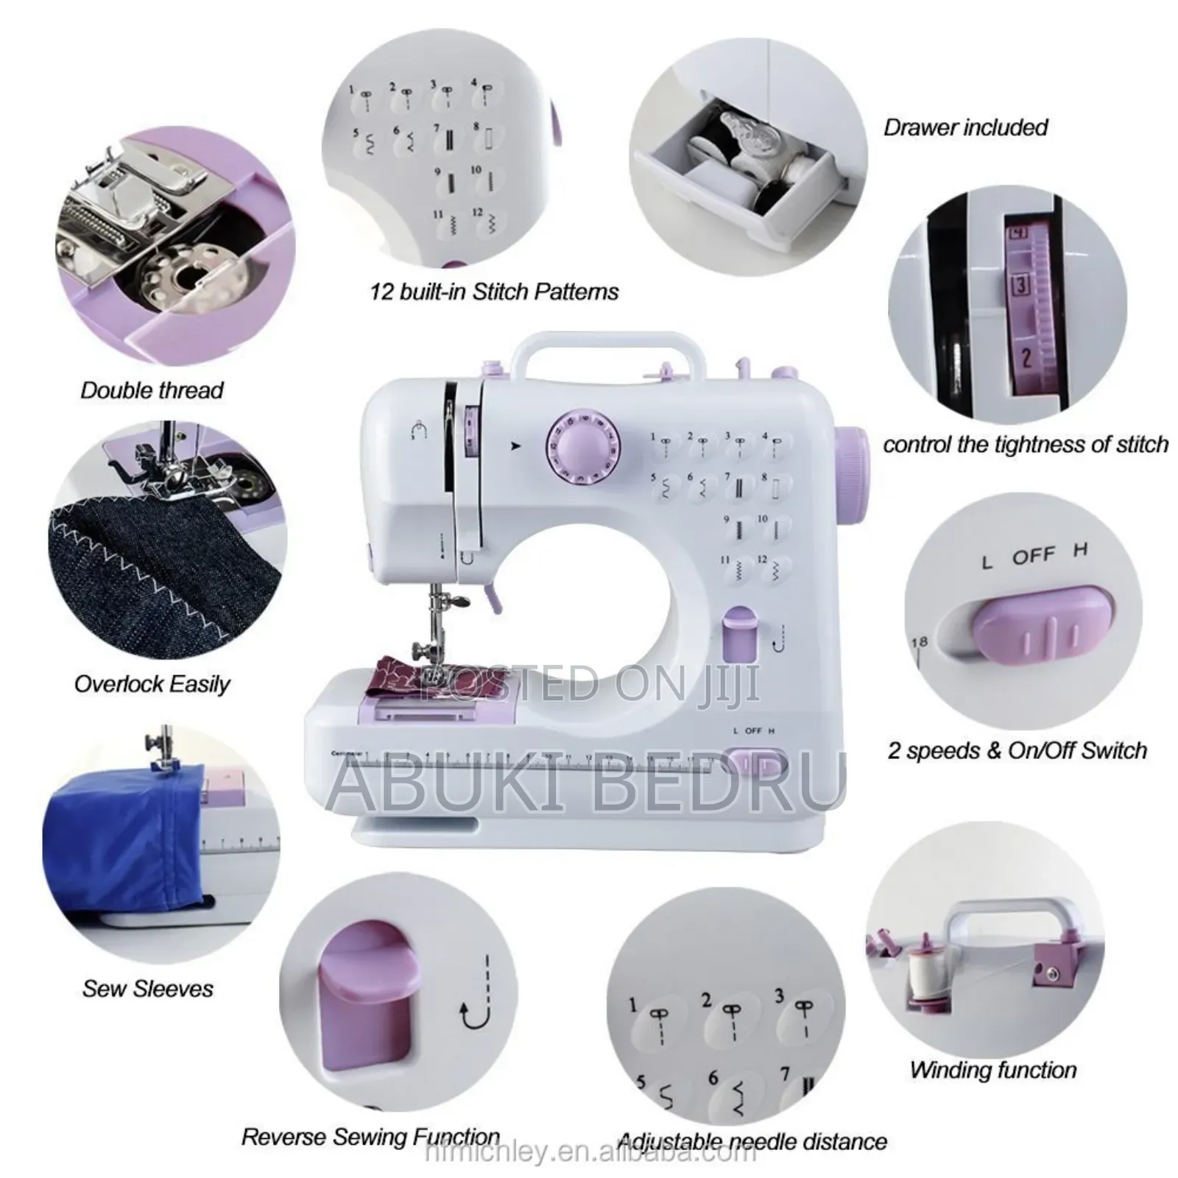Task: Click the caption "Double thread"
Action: click(x=152, y=390)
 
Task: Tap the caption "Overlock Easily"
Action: click(x=152, y=684)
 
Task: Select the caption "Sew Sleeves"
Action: click(x=147, y=988)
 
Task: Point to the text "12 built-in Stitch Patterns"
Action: click(x=493, y=292)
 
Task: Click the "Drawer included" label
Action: click(x=965, y=127)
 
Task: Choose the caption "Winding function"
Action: click(x=993, y=1070)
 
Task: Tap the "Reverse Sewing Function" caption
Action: click(x=370, y=1137)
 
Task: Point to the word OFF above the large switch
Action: click(x=1033, y=556)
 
